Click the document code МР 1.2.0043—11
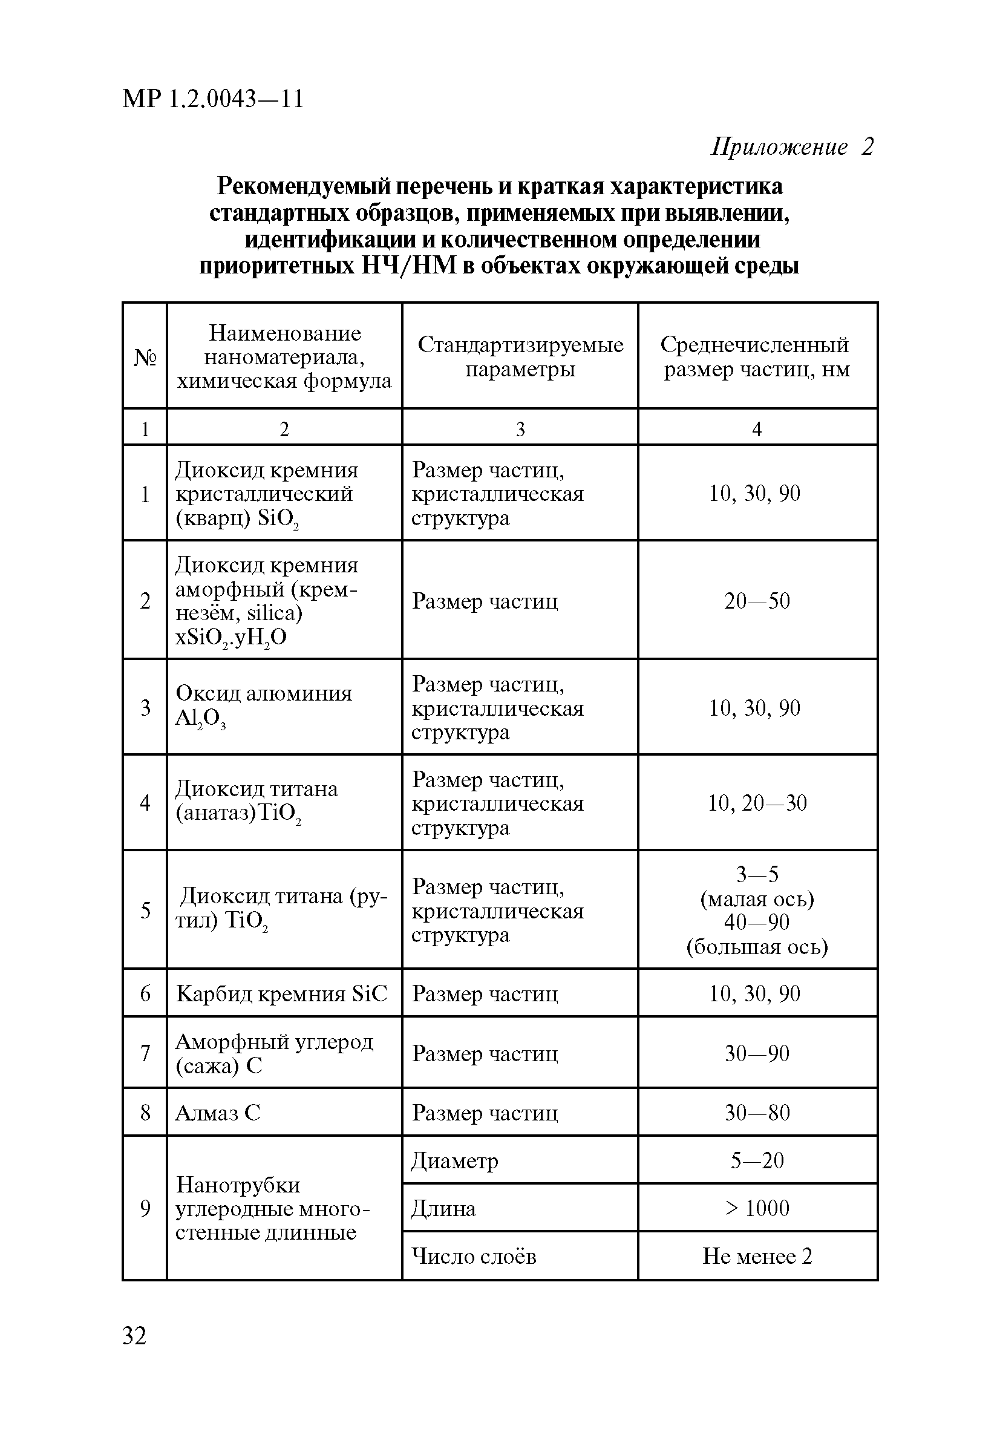(x=213, y=99)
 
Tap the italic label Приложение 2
(x=791, y=147)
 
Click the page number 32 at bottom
(x=134, y=1336)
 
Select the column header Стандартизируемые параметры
(x=520, y=356)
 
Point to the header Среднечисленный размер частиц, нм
(x=757, y=356)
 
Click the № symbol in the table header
(x=145, y=357)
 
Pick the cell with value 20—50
(x=757, y=601)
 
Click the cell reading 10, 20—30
(x=757, y=803)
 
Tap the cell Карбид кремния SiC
(x=282, y=993)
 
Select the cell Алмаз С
(x=218, y=1112)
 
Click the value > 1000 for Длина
(x=757, y=1208)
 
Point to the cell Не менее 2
(x=757, y=1256)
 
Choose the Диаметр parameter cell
(x=455, y=1161)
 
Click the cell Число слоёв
(x=474, y=1256)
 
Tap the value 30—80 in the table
(x=757, y=1112)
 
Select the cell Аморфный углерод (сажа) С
(x=274, y=1053)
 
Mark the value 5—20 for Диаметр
(x=757, y=1160)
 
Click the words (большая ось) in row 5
(x=757, y=947)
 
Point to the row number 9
(x=145, y=1208)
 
